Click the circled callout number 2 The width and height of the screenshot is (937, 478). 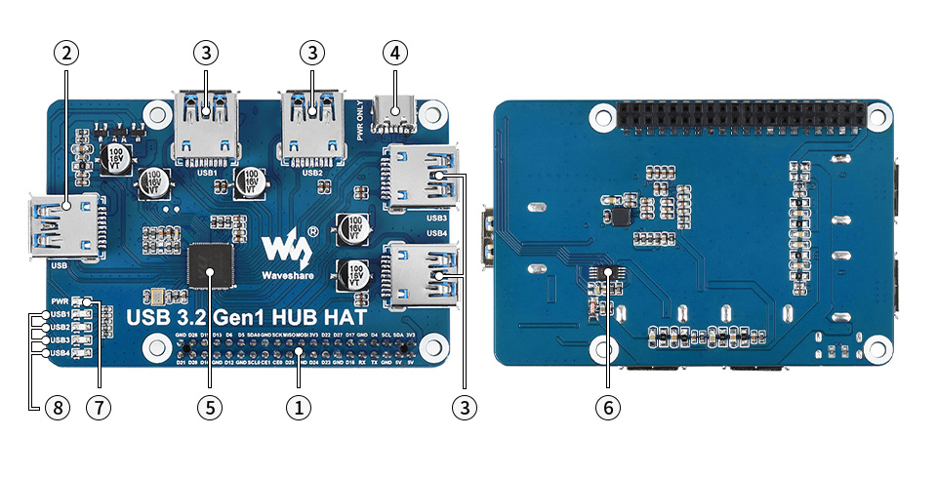[65, 54]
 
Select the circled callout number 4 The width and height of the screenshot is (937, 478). [394, 54]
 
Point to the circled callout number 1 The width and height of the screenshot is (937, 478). [298, 408]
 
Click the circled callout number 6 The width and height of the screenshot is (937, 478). [606, 408]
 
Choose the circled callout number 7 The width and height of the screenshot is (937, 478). [98, 408]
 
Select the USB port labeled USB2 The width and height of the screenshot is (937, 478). [312, 127]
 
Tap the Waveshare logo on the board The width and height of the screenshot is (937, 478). [285, 254]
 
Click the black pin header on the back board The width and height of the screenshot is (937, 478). [741, 117]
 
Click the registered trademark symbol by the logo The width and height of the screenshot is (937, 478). [312, 231]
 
